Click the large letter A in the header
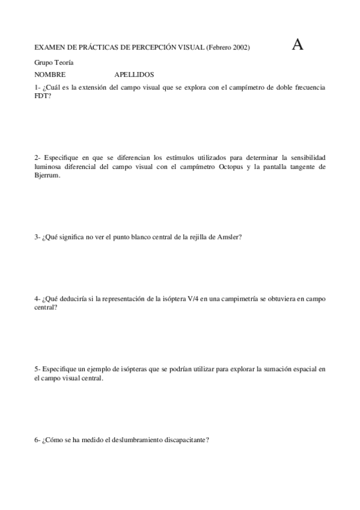point(297,44)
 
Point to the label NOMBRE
point(50,75)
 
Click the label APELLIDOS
point(134,75)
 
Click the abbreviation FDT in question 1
point(42,96)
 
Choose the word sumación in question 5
point(270,369)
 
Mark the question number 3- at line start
point(37,237)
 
